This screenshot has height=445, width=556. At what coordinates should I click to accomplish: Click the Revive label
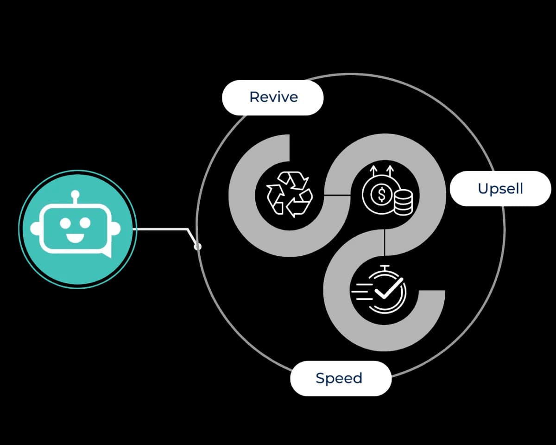(x=273, y=97)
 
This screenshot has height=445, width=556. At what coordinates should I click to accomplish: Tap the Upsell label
(x=500, y=189)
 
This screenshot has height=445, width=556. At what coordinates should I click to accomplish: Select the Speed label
(x=339, y=378)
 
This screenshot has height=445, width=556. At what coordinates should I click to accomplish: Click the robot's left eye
(x=65, y=223)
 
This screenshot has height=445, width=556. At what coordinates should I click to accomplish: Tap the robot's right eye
(x=85, y=223)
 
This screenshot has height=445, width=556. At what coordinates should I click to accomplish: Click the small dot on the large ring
(x=198, y=247)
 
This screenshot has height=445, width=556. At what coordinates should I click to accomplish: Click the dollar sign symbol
(x=381, y=195)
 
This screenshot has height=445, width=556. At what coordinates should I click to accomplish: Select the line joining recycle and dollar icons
(x=337, y=195)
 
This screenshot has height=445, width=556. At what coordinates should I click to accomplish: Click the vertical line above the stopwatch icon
(x=385, y=243)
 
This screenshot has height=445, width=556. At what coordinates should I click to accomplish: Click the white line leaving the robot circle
(x=162, y=229)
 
